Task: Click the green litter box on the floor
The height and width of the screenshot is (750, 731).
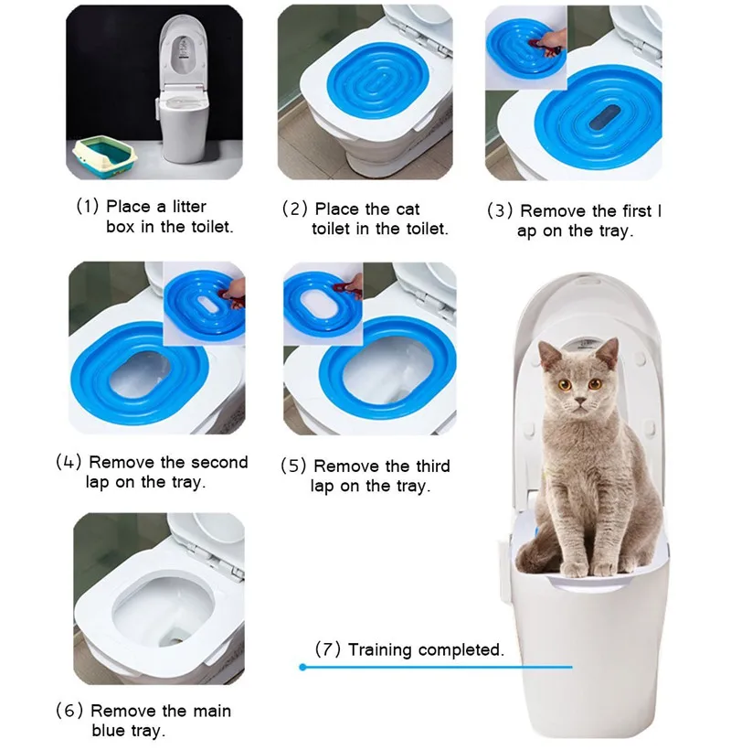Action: point(105,157)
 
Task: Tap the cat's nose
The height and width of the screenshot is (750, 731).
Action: point(580,401)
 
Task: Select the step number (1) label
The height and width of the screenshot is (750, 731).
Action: point(88,207)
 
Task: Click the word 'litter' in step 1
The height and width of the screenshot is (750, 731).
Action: point(189,207)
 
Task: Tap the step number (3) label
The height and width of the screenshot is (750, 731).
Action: point(500,211)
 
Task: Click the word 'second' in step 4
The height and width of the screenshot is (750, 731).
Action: point(220,462)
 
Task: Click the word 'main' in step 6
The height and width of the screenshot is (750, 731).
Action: point(212,711)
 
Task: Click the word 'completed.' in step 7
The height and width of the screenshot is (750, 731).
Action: point(461,650)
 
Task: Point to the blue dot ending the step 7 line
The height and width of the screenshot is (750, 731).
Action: point(302,667)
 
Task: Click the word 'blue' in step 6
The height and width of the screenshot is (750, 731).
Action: point(108,731)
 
